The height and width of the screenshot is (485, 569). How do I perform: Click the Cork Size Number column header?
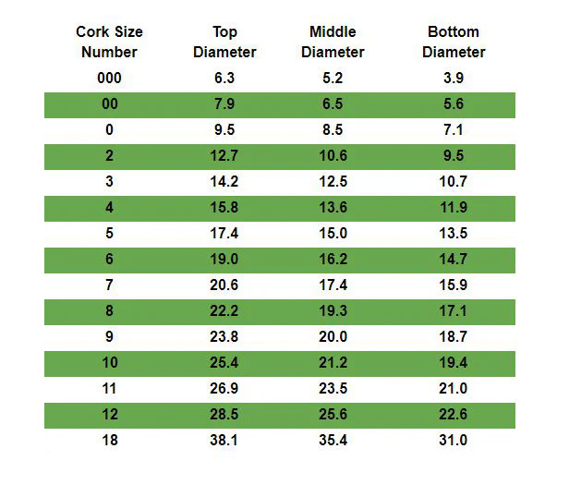click(x=109, y=42)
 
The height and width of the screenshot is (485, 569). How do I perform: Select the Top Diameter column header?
click(x=224, y=42)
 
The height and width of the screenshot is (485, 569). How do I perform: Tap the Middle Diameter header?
click(x=333, y=42)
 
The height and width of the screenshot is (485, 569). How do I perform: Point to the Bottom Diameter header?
click(x=454, y=42)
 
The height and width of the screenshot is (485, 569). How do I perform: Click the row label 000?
click(x=109, y=78)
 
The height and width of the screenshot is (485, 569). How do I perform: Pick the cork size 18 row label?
click(x=110, y=440)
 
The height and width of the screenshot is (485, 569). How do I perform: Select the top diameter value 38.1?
click(x=224, y=440)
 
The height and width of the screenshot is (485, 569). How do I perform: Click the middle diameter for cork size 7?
click(x=333, y=285)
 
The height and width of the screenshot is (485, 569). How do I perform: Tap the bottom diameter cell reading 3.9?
click(x=454, y=78)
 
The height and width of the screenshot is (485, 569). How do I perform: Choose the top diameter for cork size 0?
click(x=224, y=129)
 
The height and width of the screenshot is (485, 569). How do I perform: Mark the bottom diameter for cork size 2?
click(x=454, y=156)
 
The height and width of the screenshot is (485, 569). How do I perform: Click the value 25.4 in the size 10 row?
click(x=224, y=362)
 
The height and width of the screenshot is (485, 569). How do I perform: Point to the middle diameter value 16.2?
click(x=333, y=259)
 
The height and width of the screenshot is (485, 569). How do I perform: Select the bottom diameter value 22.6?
click(x=454, y=414)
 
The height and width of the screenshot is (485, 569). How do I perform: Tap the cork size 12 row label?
click(x=110, y=414)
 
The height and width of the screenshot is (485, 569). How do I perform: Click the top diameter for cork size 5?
click(x=224, y=233)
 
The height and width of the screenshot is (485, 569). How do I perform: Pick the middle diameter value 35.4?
click(x=333, y=440)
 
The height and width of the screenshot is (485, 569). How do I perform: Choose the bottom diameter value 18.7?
click(x=454, y=336)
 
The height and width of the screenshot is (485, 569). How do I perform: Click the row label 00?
click(x=110, y=103)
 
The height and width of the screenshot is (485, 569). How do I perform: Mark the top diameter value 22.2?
click(x=224, y=310)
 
